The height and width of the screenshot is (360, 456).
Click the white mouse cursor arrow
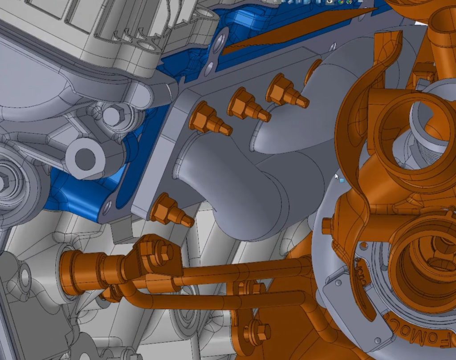337,176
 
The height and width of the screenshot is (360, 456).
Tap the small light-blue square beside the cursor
342,180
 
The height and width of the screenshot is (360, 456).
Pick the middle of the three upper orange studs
248,105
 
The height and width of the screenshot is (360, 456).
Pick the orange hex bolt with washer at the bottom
260,331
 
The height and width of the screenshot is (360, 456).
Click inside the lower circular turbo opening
427,263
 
